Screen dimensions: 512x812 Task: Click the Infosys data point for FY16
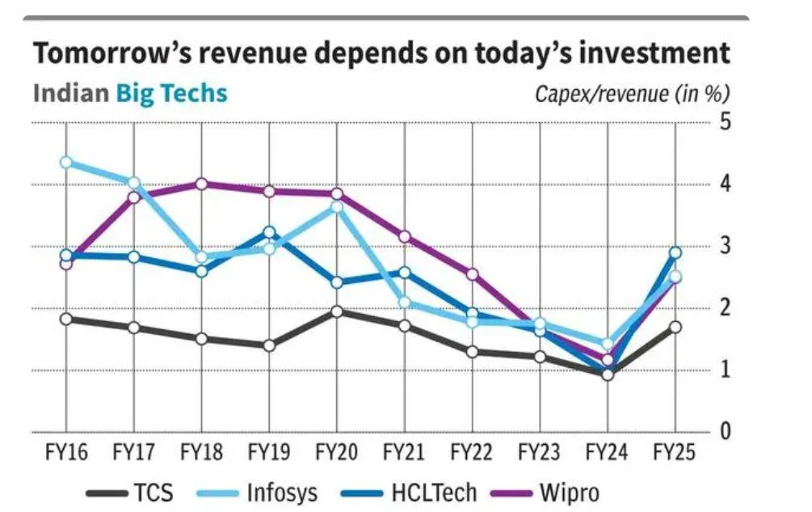[x=66, y=163]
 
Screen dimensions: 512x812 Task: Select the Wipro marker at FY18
[x=202, y=184]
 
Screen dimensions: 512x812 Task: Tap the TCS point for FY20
[x=337, y=311]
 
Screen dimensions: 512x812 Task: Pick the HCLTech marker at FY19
[x=270, y=233]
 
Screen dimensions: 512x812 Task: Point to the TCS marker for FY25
[x=675, y=327]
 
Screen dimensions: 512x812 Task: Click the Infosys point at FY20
[x=337, y=207]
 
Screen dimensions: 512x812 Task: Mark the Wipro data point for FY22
[x=473, y=274]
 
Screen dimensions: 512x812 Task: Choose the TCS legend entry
[x=128, y=492]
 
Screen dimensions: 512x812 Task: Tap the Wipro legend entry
[x=549, y=492]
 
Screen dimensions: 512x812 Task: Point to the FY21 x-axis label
[x=405, y=451]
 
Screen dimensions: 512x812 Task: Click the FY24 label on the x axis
[x=608, y=451]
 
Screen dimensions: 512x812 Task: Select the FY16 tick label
[x=66, y=451]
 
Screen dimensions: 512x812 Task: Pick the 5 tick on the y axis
[x=726, y=121]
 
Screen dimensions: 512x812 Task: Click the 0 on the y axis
[x=726, y=432]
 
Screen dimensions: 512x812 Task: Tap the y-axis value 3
[x=726, y=246]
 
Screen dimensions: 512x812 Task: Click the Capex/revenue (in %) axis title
[x=633, y=94]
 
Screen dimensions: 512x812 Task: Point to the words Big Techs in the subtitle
[x=171, y=93]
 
